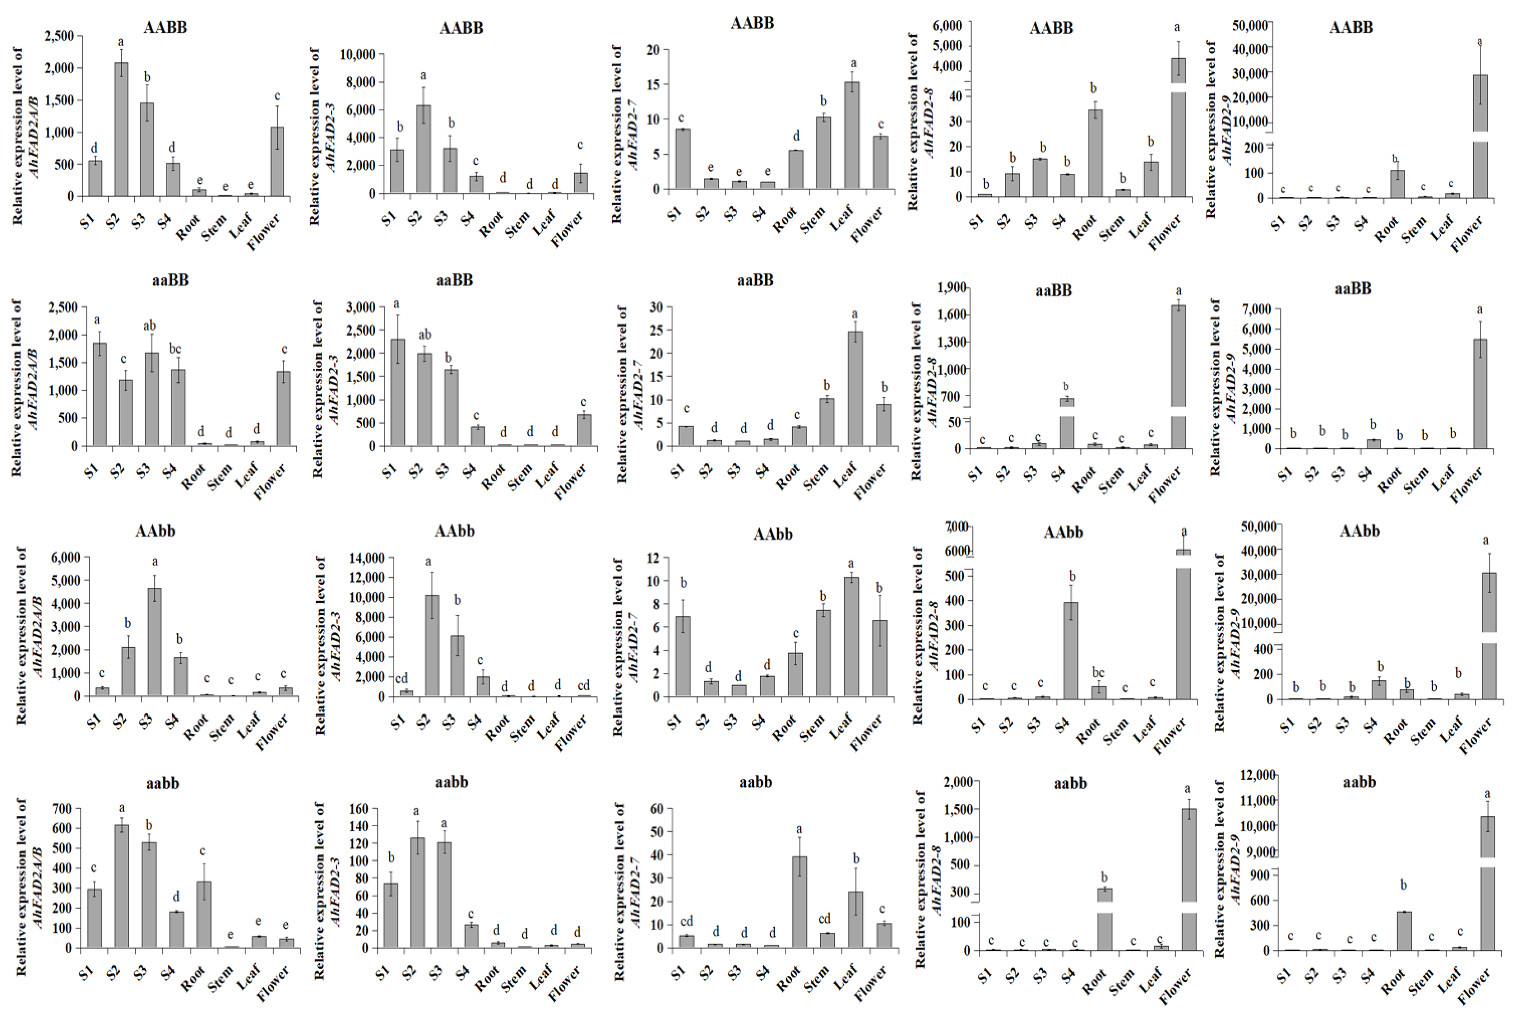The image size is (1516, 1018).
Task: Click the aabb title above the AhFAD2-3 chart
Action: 451,782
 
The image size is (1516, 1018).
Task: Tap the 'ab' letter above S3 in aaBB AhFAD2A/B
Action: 149,325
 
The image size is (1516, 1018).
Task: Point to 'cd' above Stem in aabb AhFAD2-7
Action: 825,919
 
